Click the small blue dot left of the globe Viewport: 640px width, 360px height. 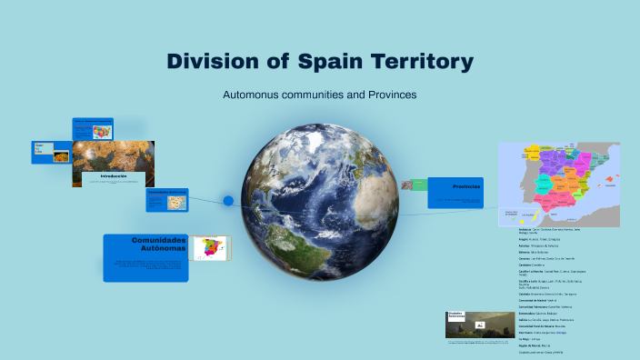click(228, 200)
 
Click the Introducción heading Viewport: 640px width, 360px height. click(114, 175)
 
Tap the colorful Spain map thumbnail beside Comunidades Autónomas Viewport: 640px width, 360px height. click(212, 248)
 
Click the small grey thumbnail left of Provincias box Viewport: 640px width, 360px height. click(419, 185)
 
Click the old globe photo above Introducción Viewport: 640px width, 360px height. click(114, 155)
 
